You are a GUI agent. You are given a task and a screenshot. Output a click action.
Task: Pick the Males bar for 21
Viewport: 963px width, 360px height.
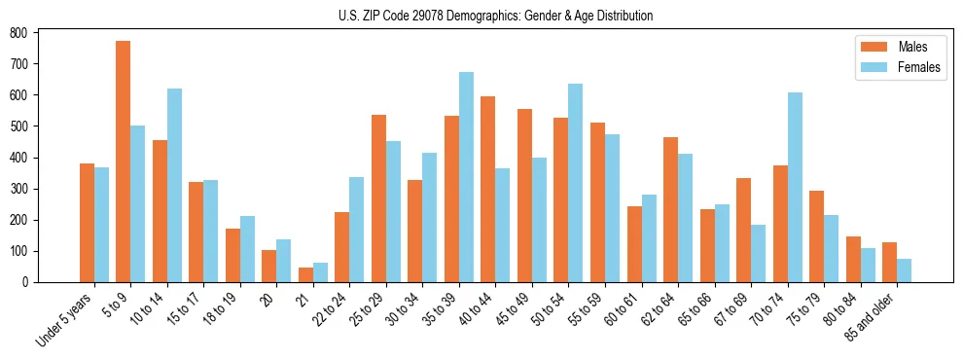(305, 274)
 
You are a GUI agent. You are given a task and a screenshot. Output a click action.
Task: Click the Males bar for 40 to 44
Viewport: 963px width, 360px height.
(487, 189)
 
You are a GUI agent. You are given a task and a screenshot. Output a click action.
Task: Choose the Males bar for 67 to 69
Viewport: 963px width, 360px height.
(743, 230)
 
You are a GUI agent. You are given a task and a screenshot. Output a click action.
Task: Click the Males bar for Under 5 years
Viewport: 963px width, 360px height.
(87, 223)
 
